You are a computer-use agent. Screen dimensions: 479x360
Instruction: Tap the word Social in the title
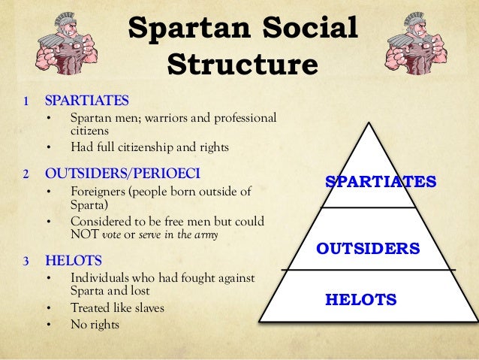click(x=306, y=29)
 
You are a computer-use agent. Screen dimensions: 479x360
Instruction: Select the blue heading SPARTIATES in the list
click(x=87, y=101)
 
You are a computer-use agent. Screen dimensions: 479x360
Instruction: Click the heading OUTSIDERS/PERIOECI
click(x=122, y=174)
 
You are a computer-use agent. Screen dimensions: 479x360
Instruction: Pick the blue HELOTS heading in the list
click(x=74, y=261)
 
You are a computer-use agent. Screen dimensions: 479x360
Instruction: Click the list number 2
click(x=25, y=174)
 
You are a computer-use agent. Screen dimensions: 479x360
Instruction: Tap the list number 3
click(x=25, y=262)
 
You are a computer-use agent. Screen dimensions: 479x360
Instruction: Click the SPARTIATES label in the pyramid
click(x=380, y=182)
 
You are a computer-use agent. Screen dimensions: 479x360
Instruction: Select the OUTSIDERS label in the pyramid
click(x=367, y=247)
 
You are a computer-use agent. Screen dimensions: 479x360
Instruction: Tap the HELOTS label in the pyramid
click(x=360, y=300)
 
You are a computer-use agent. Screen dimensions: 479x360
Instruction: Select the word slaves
click(x=147, y=308)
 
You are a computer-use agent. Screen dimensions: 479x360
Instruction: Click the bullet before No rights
click(x=49, y=325)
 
